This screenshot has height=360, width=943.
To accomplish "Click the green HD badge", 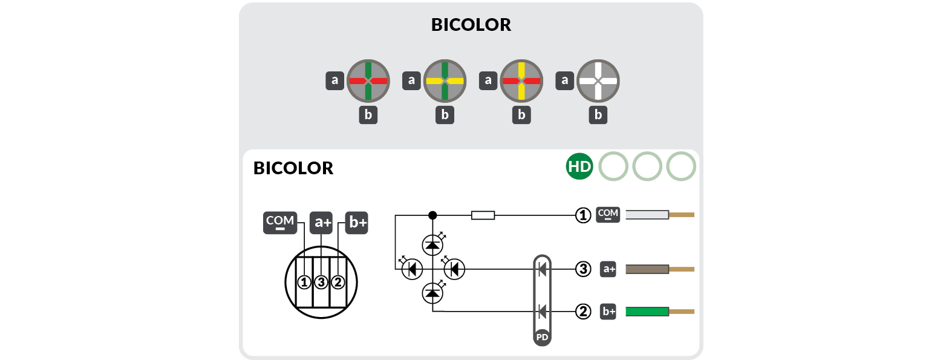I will click(x=579, y=168).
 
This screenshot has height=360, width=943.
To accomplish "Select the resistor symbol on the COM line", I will click(x=483, y=215).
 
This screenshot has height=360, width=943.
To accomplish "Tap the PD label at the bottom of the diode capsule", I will click(x=542, y=336).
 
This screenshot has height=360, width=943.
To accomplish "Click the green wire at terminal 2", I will click(x=647, y=312).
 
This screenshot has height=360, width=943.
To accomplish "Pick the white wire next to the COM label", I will click(x=647, y=215).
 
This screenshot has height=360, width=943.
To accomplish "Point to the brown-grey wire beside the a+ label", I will click(x=647, y=269).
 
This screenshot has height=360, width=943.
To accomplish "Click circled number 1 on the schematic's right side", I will click(x=582, y=215).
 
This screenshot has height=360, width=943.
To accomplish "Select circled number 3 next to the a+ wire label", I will click(x=582, y=269).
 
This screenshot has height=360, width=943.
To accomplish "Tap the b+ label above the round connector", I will click(x=357, y=223).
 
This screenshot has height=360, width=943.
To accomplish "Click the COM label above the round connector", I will click(x=279, y=223).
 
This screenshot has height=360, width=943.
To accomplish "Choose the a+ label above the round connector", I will click(x=321, y=223).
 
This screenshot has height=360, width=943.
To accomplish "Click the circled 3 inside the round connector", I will click(x=321, y=281).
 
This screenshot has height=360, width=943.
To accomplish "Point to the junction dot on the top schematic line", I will click(x=432, y=215).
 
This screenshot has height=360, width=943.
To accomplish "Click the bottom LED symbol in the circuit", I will click(x=432, y=293).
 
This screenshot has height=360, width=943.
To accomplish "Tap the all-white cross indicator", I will click(x=598, y=80).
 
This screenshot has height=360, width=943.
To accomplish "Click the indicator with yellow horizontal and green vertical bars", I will click(x=445, y=80).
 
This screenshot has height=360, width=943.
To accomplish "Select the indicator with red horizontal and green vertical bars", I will click(x=368, y=80).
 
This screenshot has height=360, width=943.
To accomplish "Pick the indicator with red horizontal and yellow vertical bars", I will click(x=521, y=80).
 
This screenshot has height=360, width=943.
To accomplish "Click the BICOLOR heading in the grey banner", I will click(x=471, y=25).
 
